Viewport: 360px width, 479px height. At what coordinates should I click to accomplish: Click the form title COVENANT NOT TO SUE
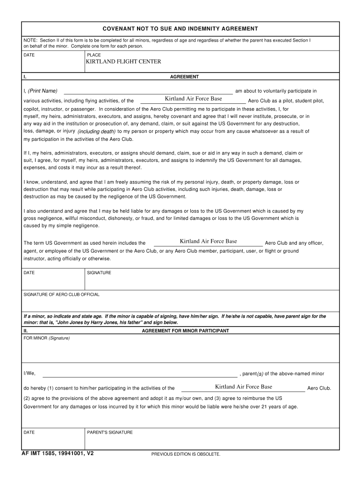point(180,29)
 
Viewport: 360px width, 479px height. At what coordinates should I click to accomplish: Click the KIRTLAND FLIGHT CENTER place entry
point(123,62)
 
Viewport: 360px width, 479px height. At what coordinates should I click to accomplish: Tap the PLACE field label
point(94,55)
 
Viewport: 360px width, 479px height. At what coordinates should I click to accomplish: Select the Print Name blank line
point(148,91)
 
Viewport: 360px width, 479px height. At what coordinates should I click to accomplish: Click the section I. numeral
point(25,77)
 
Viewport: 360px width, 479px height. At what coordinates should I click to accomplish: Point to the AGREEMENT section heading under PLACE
point(184,77)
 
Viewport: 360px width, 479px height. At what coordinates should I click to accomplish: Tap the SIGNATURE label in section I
point(99,273)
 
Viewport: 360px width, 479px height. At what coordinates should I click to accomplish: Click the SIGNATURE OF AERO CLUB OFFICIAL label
point(61,295)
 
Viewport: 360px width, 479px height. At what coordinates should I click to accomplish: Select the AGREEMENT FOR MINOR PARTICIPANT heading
point(185,331)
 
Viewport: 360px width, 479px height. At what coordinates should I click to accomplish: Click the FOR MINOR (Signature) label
point(47,338)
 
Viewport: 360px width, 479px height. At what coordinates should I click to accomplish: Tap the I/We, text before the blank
point(29,374)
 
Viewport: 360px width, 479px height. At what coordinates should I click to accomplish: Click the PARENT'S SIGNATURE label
point(110,432)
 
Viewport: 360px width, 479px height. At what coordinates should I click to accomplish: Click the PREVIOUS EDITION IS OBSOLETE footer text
point(186,454)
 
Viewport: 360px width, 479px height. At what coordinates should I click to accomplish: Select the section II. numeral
point(26,331)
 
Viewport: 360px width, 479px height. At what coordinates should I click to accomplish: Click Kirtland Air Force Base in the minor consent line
point(243,387)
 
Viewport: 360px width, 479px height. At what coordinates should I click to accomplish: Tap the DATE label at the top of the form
point(29,55)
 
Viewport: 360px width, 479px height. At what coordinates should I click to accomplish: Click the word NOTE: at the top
point(31,41)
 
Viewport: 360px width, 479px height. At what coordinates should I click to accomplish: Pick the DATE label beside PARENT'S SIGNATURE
point(29,432)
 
